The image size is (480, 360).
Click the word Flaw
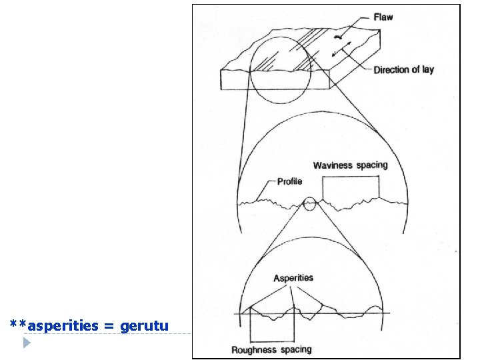click(383, 17)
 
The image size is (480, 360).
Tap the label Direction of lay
click(403, 69)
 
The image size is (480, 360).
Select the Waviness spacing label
click(350, 165)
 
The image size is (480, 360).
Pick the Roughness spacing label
click(271, 349)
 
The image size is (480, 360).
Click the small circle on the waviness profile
click(308, 203)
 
